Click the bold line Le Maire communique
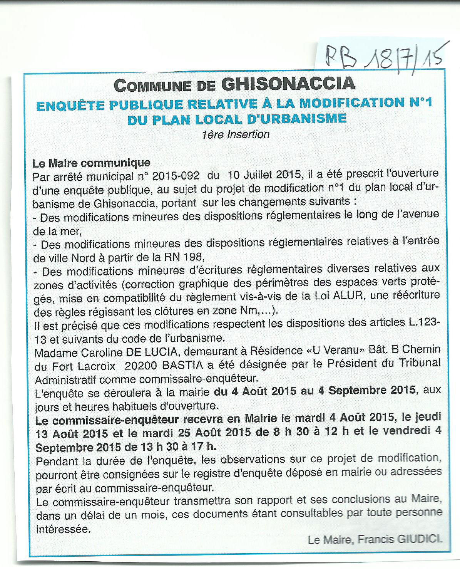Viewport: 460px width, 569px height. [91, 163]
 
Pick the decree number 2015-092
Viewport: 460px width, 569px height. [176, 176]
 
